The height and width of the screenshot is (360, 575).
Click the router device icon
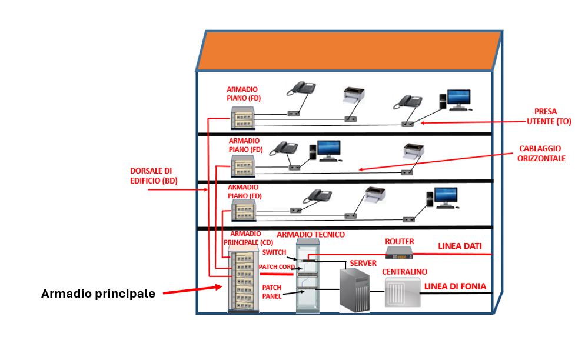(399, 252)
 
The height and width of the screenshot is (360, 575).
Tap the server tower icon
(355, 290)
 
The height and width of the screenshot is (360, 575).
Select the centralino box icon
(403, 292)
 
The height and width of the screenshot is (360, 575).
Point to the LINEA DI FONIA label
(455, 286)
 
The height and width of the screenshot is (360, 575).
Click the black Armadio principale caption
(98, 294)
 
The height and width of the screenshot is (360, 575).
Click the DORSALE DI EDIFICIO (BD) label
(154, 176)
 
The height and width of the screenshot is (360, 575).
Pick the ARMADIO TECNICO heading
(311, 234)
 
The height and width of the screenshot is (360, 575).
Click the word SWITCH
(274, 252)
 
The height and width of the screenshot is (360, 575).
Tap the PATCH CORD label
(276, 267)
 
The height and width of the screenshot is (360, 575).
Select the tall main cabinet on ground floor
(243, 281)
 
